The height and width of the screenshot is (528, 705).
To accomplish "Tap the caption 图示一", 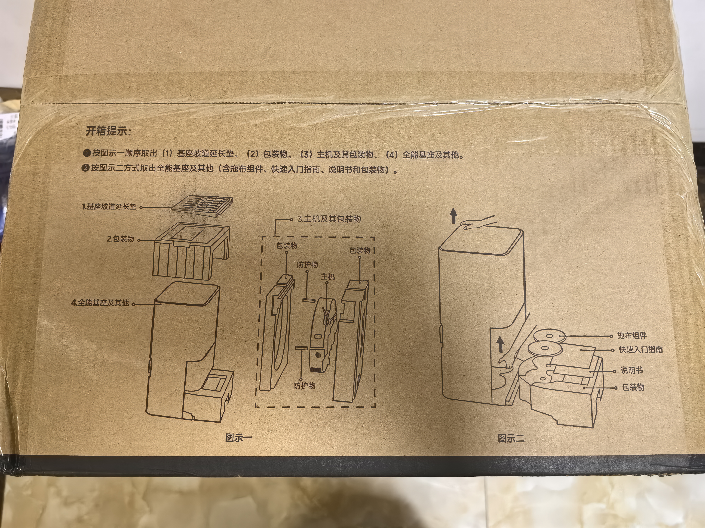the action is (238, 438).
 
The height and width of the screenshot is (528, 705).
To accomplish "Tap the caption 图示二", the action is (511, 439).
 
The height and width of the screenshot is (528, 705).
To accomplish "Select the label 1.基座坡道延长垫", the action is (109, 207).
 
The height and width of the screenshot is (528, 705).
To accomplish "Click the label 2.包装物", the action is (120, 239).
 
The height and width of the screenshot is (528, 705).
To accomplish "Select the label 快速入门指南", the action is (641, 350).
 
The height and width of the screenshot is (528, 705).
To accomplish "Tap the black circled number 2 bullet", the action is (85, 168).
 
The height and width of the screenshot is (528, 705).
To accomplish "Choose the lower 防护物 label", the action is (304, 386).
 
